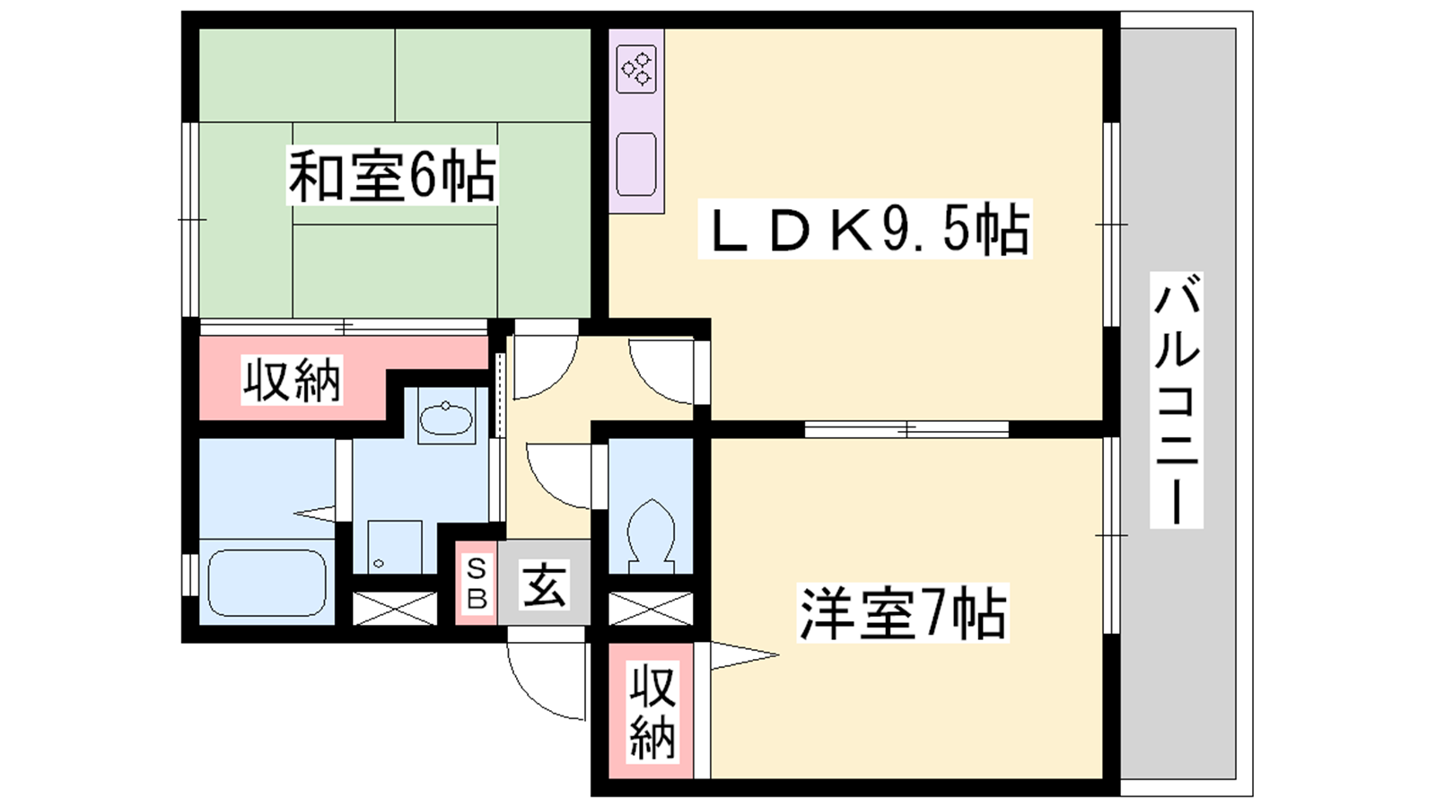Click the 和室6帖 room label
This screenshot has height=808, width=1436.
tap(392, 176)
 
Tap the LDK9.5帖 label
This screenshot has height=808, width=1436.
tap(865, 229)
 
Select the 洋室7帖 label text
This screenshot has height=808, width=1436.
tap(903, 612)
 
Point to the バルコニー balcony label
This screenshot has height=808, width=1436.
tap(1177, 400)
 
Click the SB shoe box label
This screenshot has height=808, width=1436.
tap(477, 584)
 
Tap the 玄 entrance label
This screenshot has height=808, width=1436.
tap(544, 584)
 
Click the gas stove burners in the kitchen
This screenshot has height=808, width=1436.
tap(636, 68)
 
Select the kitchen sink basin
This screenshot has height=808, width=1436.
tap(636, 163)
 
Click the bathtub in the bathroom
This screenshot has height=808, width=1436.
tap(267, 583)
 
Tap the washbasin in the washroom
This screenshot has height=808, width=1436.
tap(446, 418)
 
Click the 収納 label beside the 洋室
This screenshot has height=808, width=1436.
tap(652, 713)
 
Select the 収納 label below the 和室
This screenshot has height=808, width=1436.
tap(292, 381)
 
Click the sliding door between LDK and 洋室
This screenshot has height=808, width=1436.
tap(906, 429)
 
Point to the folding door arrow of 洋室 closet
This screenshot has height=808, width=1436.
tap(744, 655)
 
